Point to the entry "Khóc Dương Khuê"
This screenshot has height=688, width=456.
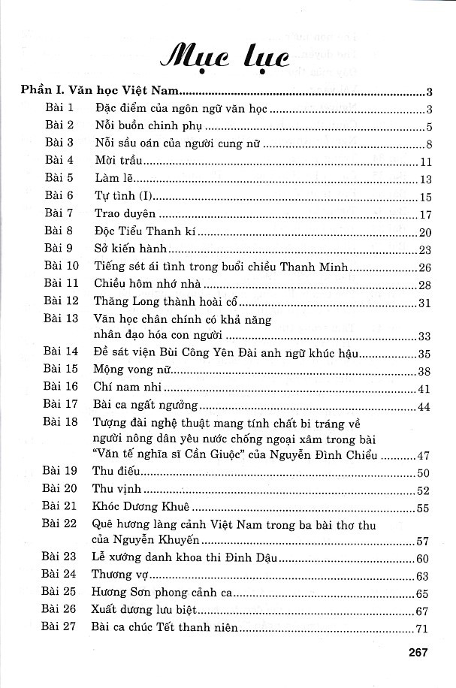(x=143, y=508)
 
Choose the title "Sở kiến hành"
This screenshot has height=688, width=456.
(x=131, y=249)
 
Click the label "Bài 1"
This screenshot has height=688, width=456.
(x=58, y=110)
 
